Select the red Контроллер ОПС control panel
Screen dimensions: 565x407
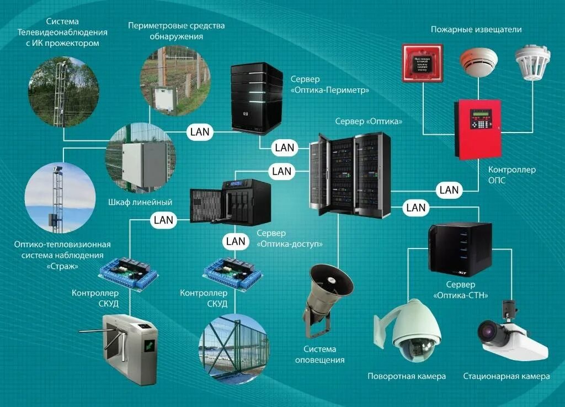(477, 128)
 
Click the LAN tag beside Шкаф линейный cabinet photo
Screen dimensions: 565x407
(200, 131)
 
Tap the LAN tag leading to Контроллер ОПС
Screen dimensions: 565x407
(449, 190)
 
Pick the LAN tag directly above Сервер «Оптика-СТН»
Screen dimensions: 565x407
(415, 208)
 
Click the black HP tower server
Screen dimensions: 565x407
(257, 98)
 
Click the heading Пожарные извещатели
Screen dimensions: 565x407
(476, 29)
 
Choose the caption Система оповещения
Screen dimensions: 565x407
(324, 355)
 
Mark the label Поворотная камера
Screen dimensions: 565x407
(407, 376)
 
